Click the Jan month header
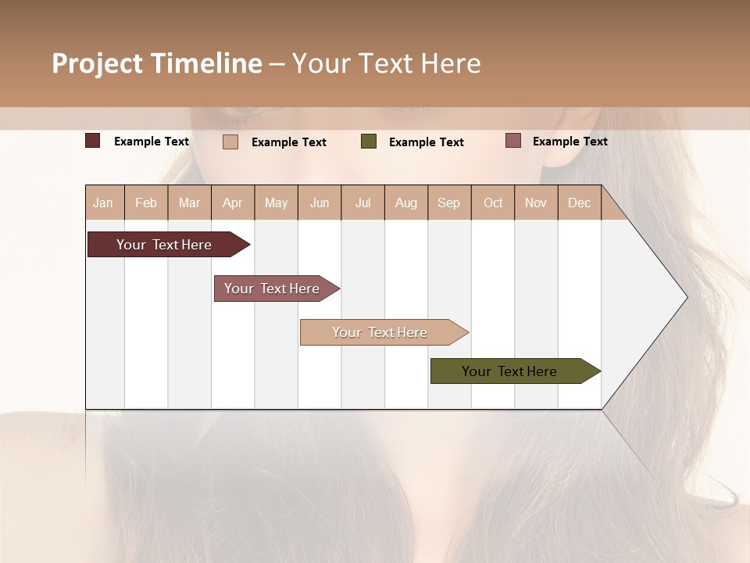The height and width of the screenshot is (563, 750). point(103,203)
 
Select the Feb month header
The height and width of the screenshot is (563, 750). point(146,203)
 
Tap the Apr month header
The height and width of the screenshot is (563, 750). point(233,203)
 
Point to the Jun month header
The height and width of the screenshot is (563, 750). point(320,203)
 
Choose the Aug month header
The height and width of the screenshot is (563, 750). point(406,203)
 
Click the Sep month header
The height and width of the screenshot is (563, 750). point(448,203)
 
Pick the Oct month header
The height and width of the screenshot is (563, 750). point(493,203)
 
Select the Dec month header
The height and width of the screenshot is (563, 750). point(580,203)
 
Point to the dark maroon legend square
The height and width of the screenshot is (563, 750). point(92,141)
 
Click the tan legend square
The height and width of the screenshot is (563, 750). point(230,142)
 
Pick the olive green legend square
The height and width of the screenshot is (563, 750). point(369,141)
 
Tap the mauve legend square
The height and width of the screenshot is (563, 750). point(512,141)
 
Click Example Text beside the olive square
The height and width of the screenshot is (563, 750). point(427,142)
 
